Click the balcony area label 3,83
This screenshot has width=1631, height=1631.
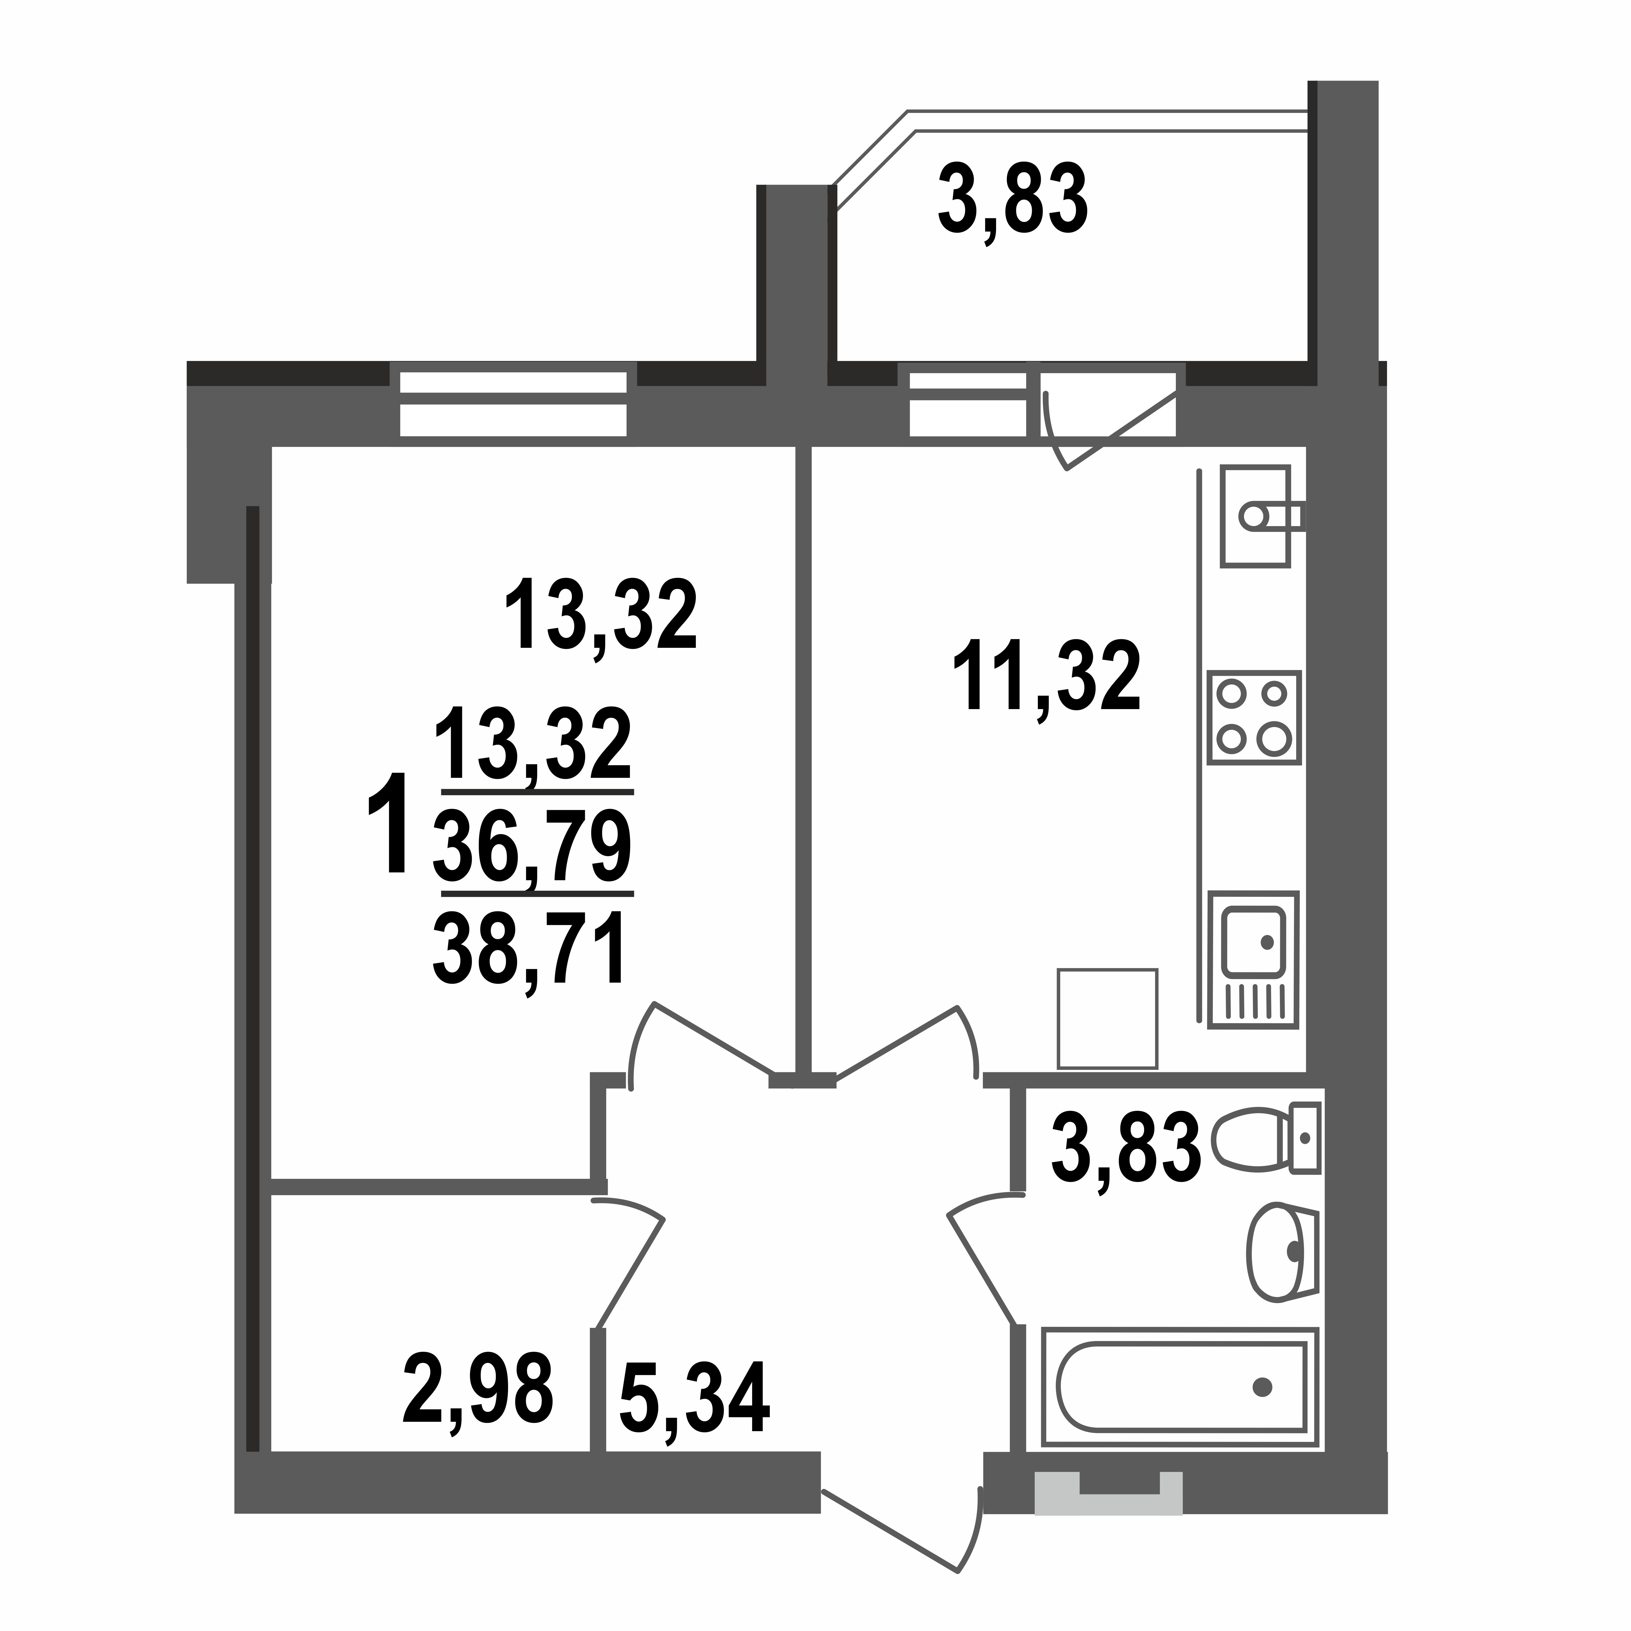coord(1013,201)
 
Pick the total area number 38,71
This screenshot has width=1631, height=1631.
coord(529,951)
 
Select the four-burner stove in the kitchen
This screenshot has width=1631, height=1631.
coord(1254,718)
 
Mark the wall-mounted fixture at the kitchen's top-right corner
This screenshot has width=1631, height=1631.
coord(1258,515)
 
